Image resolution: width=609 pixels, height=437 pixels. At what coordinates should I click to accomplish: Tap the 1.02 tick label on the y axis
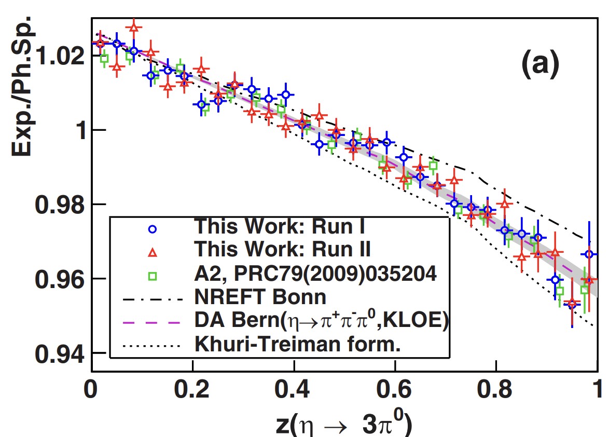click(x=57, y=55)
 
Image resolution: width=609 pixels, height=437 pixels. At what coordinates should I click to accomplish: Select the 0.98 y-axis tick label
click(x=57, y=204)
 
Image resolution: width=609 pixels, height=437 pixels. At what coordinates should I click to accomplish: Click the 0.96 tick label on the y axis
click(x=57, y=279)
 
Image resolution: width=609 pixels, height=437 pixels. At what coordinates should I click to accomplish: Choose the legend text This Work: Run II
click(x=282, y=250)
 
